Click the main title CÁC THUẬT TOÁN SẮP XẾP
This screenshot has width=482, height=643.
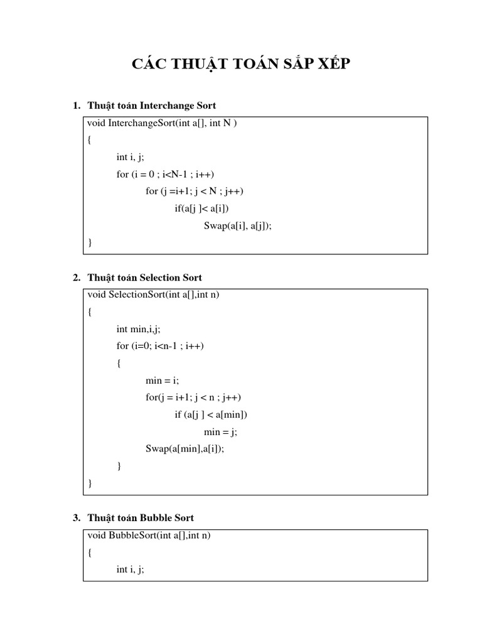(x=240, y=65)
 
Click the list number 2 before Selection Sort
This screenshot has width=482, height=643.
(x=77, y=278)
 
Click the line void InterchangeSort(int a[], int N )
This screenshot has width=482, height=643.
(x=163, y=123)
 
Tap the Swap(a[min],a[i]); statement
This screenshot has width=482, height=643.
(x=185, y=449)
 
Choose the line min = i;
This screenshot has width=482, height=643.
(x=162, y=381)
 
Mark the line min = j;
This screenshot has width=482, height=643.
(x=221, y=432)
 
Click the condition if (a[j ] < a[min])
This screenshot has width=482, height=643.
(x=212, y=415)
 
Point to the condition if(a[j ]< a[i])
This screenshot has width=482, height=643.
(x=206, y=208)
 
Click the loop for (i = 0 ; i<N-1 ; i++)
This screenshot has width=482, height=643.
(x=169, y=174)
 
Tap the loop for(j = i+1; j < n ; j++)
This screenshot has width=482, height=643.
(x=193, y=397)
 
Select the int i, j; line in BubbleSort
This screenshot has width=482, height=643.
(x=130, y=570)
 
